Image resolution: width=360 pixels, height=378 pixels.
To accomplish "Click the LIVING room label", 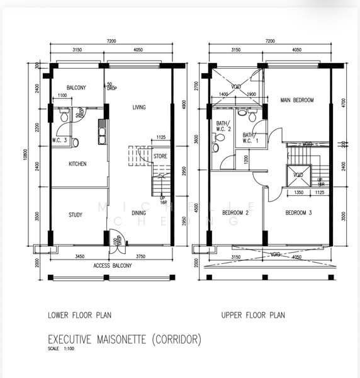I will click(x=138, y=108).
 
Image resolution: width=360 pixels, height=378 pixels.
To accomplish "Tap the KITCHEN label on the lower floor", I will click(x=77, y=164).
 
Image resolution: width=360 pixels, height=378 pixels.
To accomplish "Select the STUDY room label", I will click(x=76, y=215).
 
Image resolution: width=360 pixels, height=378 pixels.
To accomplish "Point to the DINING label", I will click(x=139, y=213).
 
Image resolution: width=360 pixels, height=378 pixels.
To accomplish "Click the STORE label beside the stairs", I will click(x=160, y=155).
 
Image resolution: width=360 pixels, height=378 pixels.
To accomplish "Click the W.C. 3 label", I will click(x=60, y=140).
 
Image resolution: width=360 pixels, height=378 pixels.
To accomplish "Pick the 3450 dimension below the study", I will click(x=79, y=256).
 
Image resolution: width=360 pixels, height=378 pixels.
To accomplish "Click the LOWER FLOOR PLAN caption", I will click(x=79, y=315).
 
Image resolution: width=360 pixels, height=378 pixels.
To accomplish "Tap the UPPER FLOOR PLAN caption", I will click(x=254, y=315).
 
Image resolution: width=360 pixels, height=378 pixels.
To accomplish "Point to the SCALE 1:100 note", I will click(x=61, y=350).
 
